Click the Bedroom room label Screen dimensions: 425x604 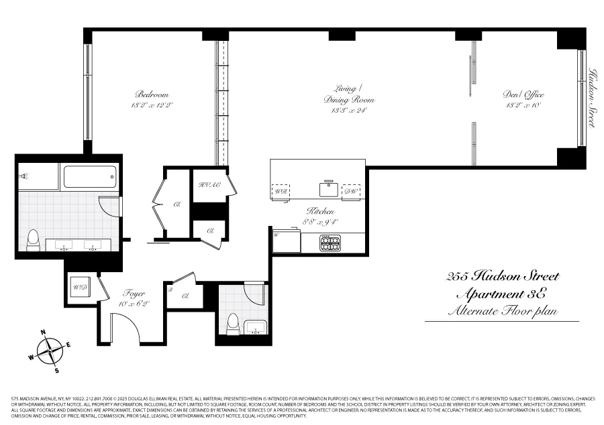(152, 95)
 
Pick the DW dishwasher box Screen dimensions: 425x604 (350, 190)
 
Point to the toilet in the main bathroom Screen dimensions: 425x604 (33, 239)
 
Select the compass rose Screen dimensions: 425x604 (50, 350)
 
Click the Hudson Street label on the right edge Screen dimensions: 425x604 (592, 97)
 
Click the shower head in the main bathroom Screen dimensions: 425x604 (25, 176)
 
